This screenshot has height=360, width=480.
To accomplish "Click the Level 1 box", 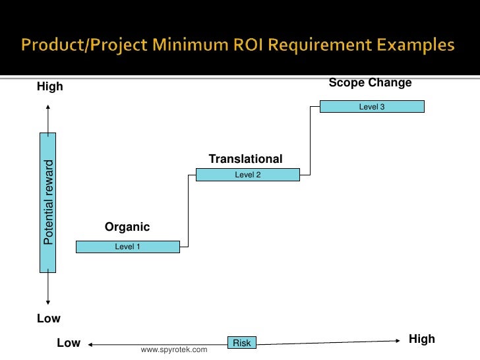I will pyautogui.click(x=128, y=247).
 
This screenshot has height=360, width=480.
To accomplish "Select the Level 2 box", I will pyautogui.click(x=248, y=175).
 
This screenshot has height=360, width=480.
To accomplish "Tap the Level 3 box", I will pyautogui.click(x=372, y=106).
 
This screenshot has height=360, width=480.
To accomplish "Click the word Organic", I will pyautogui.click(x=127, y=227).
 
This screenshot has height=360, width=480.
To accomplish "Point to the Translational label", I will pyautogui.click(x=245, y=159).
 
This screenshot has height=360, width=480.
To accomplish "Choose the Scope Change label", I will pyautogui.click(x=370, y=83).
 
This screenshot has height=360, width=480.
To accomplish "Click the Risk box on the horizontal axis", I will pyautogui.click(x=242, y=343).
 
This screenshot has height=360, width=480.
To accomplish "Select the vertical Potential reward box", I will pyautogui.click(x=48, y=202).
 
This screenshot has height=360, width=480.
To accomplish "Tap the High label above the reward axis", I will pyautogui.click(x=49, y=87).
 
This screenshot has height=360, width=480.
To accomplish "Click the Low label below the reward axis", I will pyautogui.click(x=49, y=318).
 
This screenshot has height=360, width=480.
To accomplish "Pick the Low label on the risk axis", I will pyautogui.click(x=69, y=343).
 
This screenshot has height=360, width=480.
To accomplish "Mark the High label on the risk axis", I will pyautogui.click(x=422, y=339).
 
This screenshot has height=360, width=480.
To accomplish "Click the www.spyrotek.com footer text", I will pyautogui.click(x=174, y=349).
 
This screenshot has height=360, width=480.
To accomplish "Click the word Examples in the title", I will pyautogui.click(x=415, y=46).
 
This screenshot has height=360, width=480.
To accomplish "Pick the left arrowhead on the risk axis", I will pyautogui.click(x=92, y=344).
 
